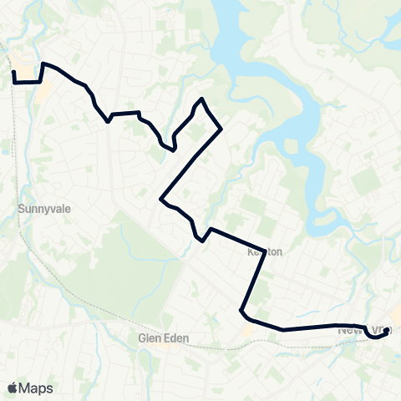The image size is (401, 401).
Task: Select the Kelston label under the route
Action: (265, 251)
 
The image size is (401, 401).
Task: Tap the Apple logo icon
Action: (13, 388)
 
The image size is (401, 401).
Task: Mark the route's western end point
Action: (14, 73)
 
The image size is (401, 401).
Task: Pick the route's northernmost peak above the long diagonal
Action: (200, 100)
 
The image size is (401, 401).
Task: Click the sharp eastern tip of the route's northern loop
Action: (221, 129)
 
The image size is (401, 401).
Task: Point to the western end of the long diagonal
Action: (160, 199)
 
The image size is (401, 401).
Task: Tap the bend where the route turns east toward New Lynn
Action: (242, 312)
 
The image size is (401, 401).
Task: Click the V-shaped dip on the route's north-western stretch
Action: (108, 120)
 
